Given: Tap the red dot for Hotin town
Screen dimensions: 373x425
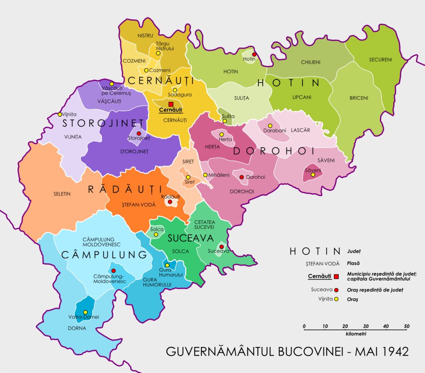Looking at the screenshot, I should click(x=254, y=55).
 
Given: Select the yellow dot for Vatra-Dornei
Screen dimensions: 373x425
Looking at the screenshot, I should click(x=85, y=312).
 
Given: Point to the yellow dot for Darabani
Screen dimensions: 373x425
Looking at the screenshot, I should click(x=270, y=126).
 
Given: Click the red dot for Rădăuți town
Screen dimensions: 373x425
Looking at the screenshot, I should click(x=170, y=202).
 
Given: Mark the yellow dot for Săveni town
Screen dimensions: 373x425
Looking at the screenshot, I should click(x=313, y=174).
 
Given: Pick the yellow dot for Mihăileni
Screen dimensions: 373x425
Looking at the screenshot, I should click(x=205, y=175).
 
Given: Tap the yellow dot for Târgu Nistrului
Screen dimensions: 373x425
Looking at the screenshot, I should click(x=158, y=53).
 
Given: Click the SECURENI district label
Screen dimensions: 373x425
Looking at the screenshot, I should click(x=380, y=60).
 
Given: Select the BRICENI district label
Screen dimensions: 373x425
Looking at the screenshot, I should click(x=359, y=98).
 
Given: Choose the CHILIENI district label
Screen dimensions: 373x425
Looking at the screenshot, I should click(x=311, y=62).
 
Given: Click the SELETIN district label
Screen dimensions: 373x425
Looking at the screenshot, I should click(x=62, y=194).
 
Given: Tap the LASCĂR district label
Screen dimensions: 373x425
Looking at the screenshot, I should click(x=300, y=130).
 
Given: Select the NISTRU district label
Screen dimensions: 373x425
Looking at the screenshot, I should click(x=145, y=35).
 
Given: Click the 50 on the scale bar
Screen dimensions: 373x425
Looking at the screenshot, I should click(x=407, y=326).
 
